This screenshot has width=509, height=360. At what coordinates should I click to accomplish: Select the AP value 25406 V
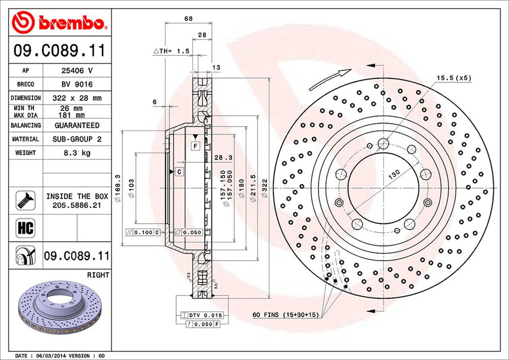77,70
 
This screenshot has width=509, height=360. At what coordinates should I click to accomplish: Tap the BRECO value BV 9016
77,84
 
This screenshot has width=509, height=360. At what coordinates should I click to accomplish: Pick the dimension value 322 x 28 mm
77,98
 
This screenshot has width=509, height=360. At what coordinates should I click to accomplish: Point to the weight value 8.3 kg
77,153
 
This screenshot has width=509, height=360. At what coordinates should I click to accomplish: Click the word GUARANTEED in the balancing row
77,125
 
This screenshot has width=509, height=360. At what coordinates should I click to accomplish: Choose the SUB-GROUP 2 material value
77,139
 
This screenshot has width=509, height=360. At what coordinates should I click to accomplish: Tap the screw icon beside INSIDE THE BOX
26,200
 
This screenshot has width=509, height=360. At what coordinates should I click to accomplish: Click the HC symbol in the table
25,228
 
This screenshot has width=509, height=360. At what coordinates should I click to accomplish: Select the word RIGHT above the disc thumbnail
98,275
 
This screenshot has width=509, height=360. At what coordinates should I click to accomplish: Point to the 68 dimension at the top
188,19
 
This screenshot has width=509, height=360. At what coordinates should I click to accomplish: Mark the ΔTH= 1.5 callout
171,51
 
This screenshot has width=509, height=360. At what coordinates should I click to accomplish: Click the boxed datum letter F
195,146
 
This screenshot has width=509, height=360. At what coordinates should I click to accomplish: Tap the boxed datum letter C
179,172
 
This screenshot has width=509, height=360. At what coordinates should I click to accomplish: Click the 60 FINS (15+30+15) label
286,315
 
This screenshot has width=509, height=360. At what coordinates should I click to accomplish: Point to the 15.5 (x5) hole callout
454,78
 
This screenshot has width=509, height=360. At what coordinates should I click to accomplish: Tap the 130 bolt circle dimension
394,174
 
